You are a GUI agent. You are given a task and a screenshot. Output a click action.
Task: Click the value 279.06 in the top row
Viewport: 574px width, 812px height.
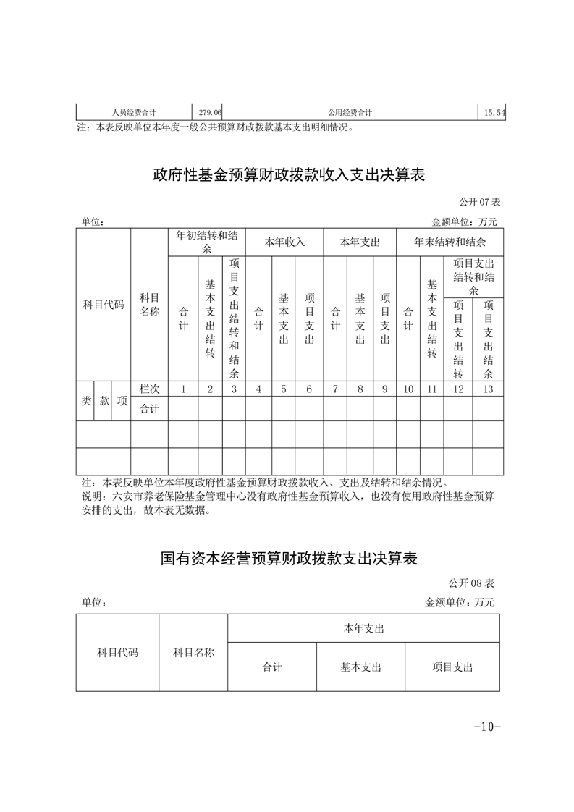[x=210, y=113]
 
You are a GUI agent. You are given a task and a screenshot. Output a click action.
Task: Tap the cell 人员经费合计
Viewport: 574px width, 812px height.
[x=135, y=113]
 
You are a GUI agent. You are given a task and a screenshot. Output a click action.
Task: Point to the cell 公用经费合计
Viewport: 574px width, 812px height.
[x=350, y=113]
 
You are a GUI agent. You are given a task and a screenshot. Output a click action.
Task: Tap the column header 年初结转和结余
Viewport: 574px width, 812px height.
[x=207, y=242]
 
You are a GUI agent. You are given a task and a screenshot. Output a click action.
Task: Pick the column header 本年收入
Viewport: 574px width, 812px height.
[x=284, y=242]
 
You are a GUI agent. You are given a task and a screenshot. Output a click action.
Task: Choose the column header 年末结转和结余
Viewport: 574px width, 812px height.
[x=450, y=242]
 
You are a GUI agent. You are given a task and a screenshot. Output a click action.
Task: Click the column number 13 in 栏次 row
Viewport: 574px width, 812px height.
[x=488, y=389]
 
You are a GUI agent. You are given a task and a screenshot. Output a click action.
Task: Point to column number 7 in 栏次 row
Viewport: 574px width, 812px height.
[x=335, y=389]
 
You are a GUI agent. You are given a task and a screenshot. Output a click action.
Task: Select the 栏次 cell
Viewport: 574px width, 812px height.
[x=149, y=389]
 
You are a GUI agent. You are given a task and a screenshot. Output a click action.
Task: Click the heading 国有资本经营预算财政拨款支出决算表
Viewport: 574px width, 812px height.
[x=289, y=559]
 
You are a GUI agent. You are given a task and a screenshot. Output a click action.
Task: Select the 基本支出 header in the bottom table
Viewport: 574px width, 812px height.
[x=360, y=667]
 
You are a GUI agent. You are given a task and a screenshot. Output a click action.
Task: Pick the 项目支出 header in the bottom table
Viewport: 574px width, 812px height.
[x=452, y=667]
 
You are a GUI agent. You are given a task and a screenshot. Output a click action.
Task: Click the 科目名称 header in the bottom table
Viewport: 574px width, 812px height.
[x=193, y=653]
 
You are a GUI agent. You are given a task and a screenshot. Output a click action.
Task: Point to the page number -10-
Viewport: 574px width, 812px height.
[x=486, y=727]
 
